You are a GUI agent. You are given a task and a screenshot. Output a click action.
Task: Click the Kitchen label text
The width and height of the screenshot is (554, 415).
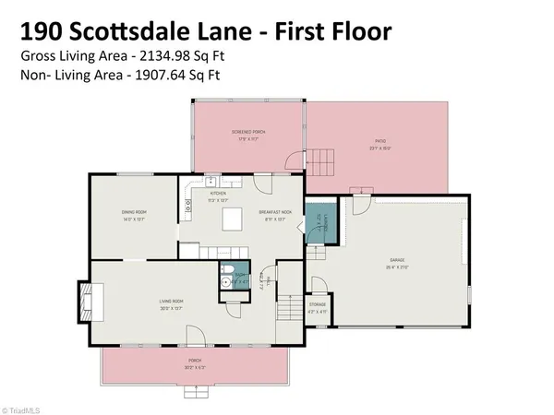[218, 194]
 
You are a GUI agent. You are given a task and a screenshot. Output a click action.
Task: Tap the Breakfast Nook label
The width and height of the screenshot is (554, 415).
[276, 214]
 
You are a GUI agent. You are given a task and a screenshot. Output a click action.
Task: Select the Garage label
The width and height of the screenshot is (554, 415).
[394, 263]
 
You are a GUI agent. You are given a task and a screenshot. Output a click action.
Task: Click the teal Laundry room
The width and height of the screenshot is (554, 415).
[317, 224]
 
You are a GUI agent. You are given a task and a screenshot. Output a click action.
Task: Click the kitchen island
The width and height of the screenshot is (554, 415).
[233, 219]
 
